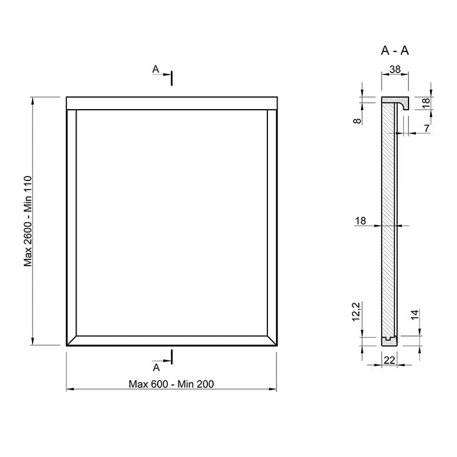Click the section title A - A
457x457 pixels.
pyautogui.click(x=395, y=51)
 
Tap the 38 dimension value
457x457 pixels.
pyautogui.click(x=395, y=69)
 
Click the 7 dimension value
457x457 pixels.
pyautogui.click(x=427, y=129)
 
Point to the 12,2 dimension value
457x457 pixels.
pyautogui.click(x=356, y=311)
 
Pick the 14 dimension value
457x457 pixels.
pyautogui.click(x=415, y=315)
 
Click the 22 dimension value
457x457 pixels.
pyautogui.click(x=390, y=360)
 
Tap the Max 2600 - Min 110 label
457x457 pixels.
pyautogui.click(x=27, y=221)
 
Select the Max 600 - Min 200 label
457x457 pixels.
pyautogui.click(x=171, y=384)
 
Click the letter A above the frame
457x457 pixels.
pyautogui.click(x=155, y=69)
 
